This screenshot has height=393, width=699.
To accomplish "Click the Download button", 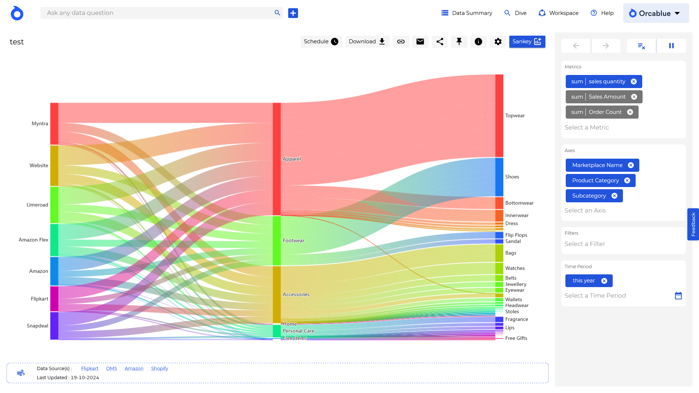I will click(x=367, y=41).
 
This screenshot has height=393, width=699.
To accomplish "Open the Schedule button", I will click(x=321, y=41).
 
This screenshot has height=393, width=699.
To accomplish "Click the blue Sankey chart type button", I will click(x=527, y=41).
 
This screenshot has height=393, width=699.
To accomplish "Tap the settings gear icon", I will click(x=498, y=41).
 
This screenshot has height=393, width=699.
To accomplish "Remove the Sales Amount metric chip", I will click(x=634, y=97).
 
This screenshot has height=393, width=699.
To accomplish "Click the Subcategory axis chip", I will click(x=589, y=196).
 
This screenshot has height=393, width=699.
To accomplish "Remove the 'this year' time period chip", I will click(x=604, y=281).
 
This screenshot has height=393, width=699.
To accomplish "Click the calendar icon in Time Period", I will click(x=678, y=295).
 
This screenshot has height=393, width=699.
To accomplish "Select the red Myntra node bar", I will click(x=54, y=124).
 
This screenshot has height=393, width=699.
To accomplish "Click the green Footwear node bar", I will click(x=277, y=241).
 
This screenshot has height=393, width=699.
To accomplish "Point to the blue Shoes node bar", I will click(x=499, y=177).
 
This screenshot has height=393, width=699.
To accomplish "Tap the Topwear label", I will click(x=515, y=116).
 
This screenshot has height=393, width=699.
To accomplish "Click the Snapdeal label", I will click(x=37, y=326).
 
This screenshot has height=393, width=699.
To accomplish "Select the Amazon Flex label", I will click(x=33, y=240).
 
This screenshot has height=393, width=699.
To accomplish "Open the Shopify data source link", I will click(x=159, y=369).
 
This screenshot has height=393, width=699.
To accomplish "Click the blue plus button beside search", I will click(x=293, y=13).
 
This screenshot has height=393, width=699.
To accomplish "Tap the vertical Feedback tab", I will click(x=693, y=224).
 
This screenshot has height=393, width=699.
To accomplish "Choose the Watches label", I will click(x=515, y=269).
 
